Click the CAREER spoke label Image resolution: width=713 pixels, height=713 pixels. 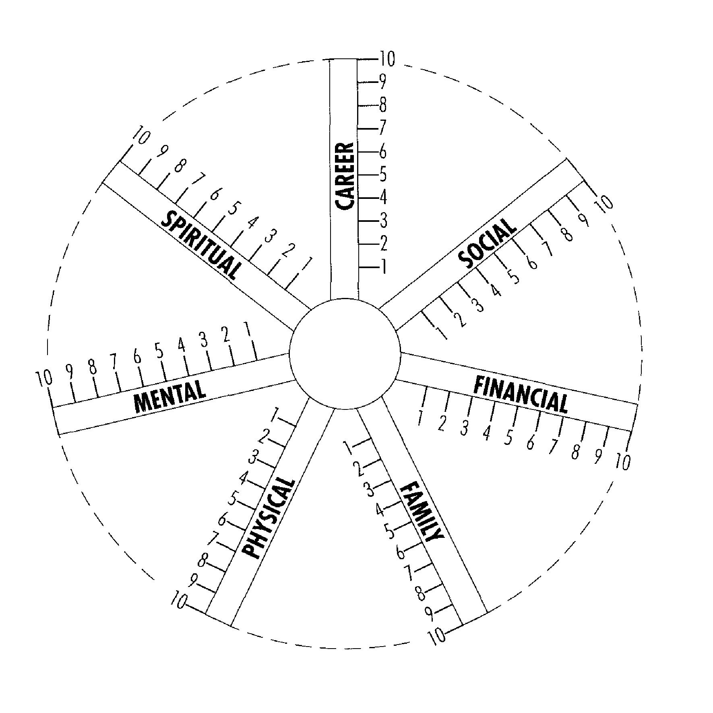point(345,176)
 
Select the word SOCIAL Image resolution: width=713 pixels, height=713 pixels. point(488,243)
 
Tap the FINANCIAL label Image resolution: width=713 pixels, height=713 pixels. point(521,395)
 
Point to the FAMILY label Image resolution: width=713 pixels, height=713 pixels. point(422,511)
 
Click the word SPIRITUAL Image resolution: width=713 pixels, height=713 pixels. point(202,244)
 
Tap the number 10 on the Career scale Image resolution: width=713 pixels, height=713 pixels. point(387,59)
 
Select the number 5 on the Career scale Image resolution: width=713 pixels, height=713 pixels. point(383,174)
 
